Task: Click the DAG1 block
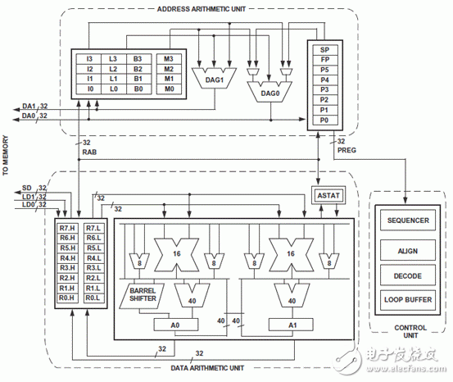pos(214,79)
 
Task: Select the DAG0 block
pos(270,93)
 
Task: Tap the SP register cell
pos(325,50)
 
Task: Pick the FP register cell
pos(325,60)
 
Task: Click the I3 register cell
pos(89,59)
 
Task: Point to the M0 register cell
pos(169,89)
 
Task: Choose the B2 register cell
pos(138,69)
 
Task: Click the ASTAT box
pos(328,195)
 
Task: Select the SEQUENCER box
pos(408,221)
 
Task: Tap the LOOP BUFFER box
pos(408,300)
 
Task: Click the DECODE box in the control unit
pos(408,275)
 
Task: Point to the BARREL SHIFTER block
pos(143,296)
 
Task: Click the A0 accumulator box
pos(175,325)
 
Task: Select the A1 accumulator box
pos(292,325)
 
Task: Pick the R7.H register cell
pos(67,228)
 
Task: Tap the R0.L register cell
pos(93,298)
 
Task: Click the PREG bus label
pos(347,150)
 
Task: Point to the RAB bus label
pos(89,152)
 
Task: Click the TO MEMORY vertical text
pos(6,155)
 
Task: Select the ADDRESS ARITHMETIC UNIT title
pos(202,9)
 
